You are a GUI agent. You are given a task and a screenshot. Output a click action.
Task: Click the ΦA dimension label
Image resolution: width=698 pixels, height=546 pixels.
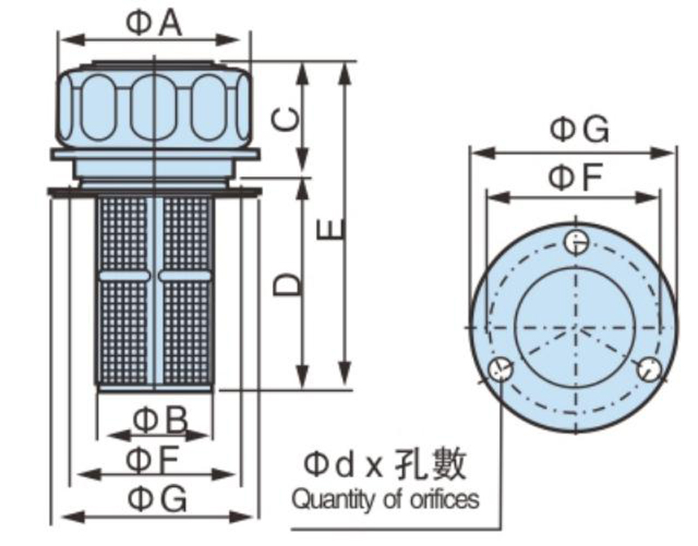154,23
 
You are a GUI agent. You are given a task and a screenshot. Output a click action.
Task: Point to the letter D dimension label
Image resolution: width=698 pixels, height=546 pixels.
287,283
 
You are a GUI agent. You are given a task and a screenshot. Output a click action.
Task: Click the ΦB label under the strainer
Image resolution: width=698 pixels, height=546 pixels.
158,421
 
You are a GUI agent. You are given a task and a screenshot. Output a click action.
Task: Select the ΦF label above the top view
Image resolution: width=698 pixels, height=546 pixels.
575,179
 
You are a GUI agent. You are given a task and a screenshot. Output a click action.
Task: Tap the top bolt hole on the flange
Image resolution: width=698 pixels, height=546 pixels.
576,242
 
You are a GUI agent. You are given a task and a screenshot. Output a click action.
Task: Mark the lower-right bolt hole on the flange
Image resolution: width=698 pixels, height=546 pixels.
647,369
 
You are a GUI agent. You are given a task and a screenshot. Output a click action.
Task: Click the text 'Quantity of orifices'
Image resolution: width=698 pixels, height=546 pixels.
385,501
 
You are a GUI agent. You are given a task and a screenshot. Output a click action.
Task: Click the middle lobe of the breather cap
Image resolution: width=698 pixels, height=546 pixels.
155,106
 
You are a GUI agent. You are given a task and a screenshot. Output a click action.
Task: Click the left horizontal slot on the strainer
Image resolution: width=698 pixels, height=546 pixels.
123,276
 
